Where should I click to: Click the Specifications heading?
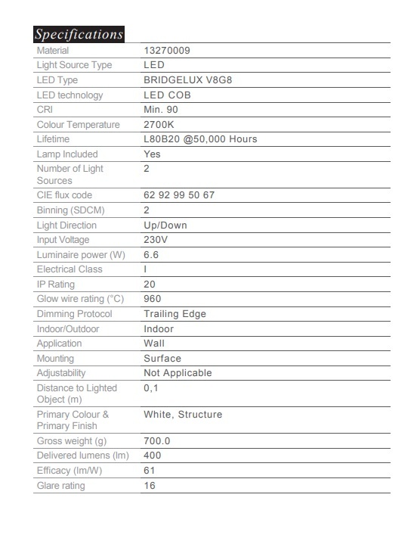(79, 34)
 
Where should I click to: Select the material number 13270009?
(167, 50)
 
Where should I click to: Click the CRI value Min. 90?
(162, 110)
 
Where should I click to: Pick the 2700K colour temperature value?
(159, 124)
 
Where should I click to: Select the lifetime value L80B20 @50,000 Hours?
(200, 139)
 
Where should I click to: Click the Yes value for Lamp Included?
(152, 154)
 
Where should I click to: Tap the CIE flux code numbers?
(179, 195)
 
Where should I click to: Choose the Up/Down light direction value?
(165, 225)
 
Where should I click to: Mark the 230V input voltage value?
(156, 240)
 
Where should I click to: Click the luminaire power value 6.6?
(151, 255)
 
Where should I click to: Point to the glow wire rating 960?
(153, 299)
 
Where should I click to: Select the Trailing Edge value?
(175, 313)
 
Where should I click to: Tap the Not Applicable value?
(178, 372)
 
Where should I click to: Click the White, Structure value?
(183, 415)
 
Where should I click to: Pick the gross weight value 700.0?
(157, 440)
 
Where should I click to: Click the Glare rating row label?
(61, 486)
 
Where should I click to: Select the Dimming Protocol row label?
(74, 313)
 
